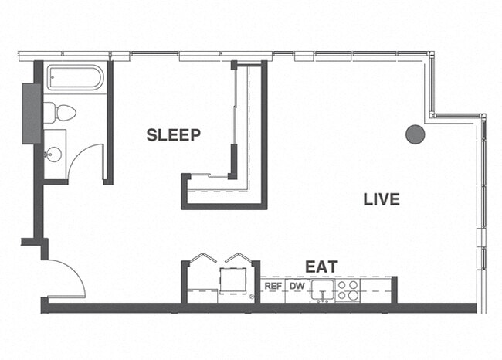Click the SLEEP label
[x=174, y=135]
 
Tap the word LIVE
[x=382, y=199]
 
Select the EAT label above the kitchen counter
[x=321, y=267]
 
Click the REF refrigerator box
[x=273, y=286]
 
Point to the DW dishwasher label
[x=297, y=286]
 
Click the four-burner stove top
[x=348, y=290]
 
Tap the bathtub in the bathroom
[x=75, y=79]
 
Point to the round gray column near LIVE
[x=416, y=134]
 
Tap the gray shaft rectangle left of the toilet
[x=32, y=113]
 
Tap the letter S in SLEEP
[x=152, y=135]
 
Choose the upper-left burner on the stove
[x=342, y=285]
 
